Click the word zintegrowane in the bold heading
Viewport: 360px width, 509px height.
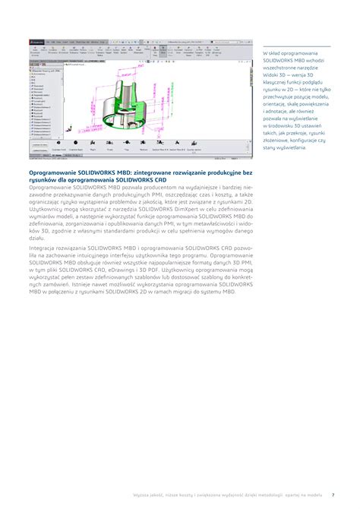tap(156, 172)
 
